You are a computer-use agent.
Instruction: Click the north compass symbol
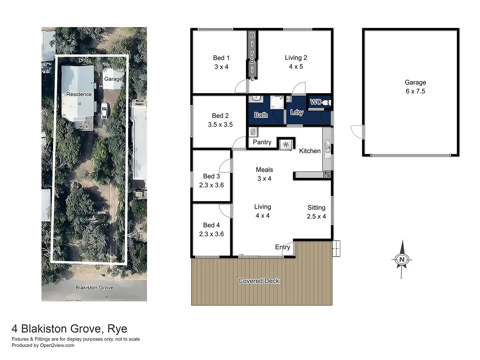402,259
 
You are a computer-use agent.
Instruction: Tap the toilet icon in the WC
326,103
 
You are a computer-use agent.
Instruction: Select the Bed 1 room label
221,58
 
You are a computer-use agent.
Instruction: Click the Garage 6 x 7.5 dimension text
415,91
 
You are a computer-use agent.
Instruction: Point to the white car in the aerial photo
104,110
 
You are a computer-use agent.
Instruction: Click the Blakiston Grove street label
94,288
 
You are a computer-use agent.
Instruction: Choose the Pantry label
262,142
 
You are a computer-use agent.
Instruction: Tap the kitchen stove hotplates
327,174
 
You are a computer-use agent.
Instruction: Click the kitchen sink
327,147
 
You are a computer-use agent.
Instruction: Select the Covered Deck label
259,281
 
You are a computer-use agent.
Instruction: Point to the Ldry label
297,112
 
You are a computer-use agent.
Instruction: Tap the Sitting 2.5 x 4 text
316,212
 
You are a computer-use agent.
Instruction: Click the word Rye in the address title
117,329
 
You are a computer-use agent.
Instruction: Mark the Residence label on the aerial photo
79,94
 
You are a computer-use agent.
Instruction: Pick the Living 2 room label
296,58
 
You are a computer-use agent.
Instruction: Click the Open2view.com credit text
57,345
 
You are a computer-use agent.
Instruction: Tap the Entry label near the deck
282,247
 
